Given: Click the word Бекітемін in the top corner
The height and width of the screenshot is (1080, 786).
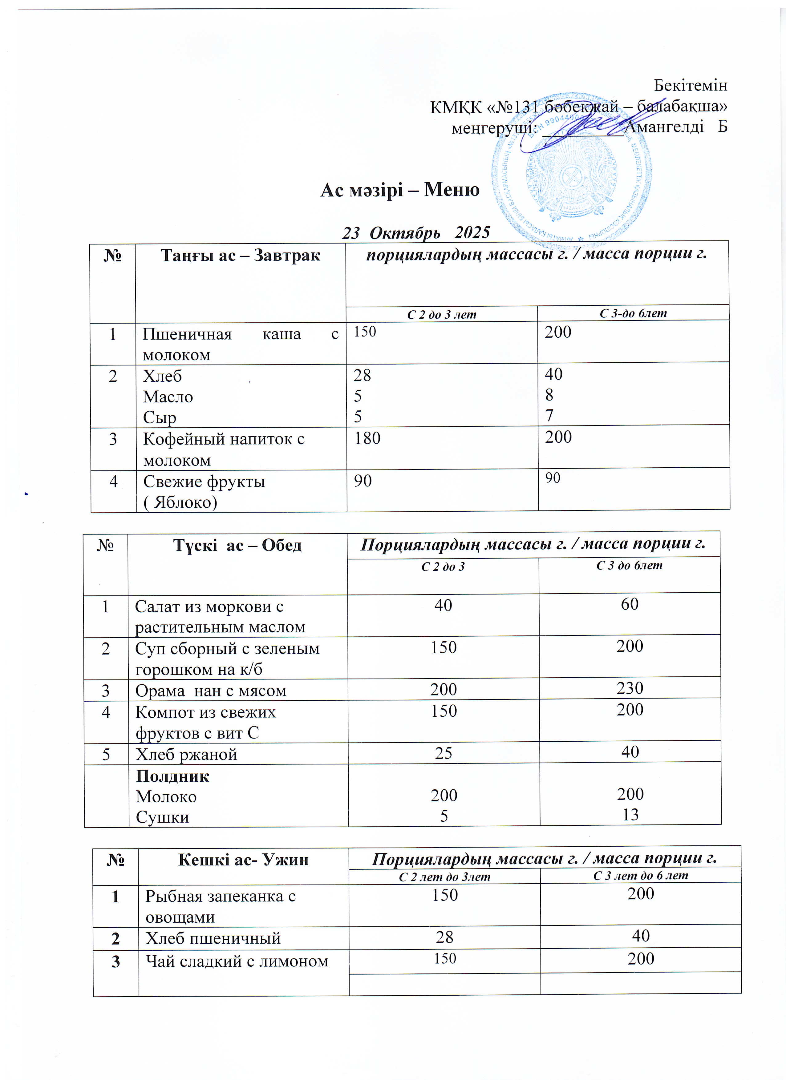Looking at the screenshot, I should click(690, 85).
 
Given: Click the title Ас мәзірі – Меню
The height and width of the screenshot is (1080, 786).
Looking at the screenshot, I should click(400, 190).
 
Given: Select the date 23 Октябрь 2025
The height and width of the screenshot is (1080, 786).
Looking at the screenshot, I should click(416, 232).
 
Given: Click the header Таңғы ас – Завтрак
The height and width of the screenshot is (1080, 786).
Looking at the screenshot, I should click(240, 256).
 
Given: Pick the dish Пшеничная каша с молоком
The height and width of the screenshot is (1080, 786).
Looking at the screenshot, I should click(240, 344).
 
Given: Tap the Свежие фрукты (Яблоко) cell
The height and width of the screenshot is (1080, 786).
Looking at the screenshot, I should click(204, 491).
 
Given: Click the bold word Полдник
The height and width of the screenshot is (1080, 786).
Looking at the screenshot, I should click(172, 776).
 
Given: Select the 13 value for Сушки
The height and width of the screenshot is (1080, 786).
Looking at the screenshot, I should click(630, 814).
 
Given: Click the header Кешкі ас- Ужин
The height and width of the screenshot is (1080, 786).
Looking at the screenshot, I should click(243, 860).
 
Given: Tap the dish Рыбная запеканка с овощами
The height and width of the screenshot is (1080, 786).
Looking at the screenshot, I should click(221, 906).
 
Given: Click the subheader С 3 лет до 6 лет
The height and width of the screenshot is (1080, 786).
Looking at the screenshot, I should click(640, 875).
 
